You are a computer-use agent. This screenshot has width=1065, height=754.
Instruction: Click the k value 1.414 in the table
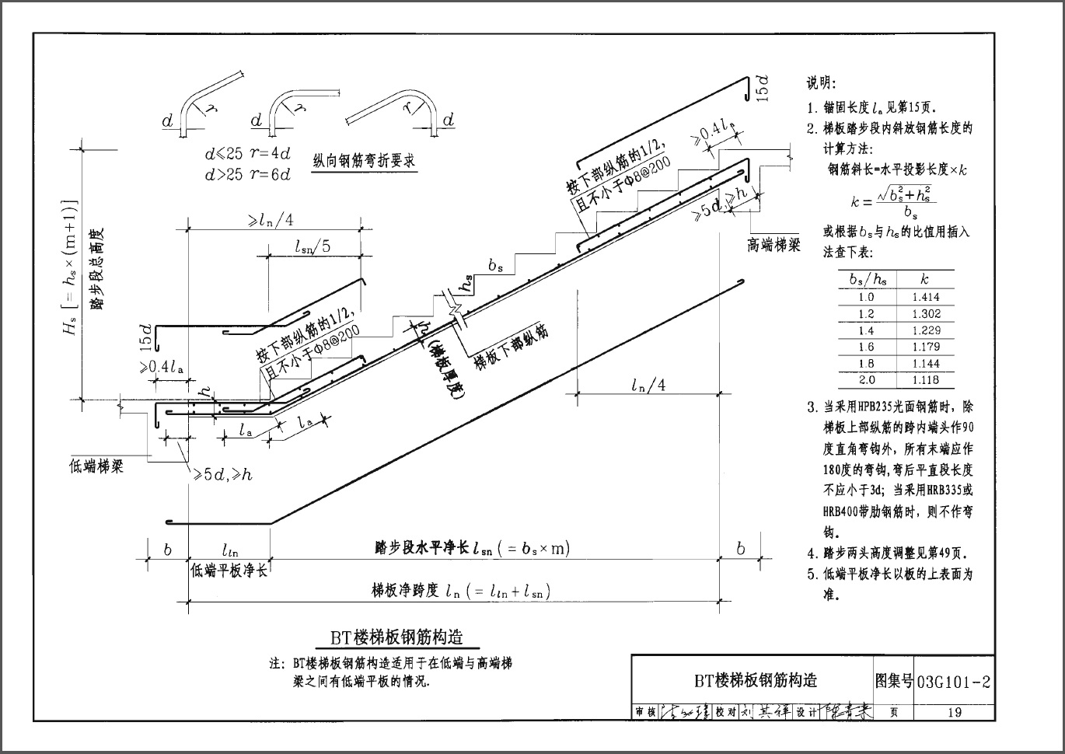[925, 297]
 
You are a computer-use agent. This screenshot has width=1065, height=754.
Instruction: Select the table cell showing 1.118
[925, 380]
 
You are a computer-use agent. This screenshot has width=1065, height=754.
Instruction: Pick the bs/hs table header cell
[867, 279]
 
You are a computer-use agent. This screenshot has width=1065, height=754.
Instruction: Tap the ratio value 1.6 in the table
[867, 347]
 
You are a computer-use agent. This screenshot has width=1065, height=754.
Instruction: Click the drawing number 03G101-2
[954, 682]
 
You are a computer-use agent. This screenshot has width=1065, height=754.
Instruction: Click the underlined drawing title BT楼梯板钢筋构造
[396, 638]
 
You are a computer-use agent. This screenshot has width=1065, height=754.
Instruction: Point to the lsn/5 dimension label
[313, 246]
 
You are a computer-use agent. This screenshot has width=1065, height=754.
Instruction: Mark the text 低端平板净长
[229, 571]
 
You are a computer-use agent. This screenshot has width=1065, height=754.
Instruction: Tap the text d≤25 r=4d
[247, 154]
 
